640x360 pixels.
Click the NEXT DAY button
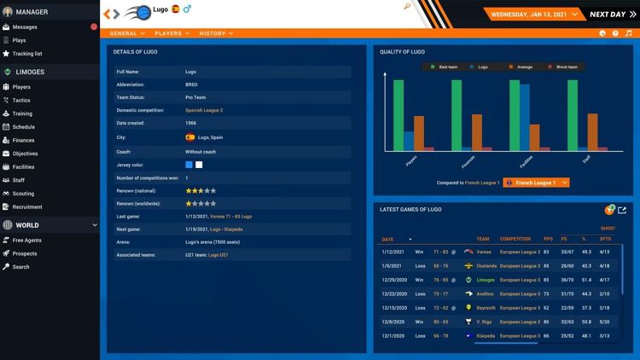(607, 14)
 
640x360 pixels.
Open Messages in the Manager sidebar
(25, 27)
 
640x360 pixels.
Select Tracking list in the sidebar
(27, 53)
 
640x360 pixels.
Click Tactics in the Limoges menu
(22, 100)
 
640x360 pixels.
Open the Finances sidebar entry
(24, 140)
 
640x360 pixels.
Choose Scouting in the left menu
(24, 194)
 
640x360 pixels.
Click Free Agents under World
(27, 241)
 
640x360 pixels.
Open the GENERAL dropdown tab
(126, 33)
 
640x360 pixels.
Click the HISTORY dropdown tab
(215, 33)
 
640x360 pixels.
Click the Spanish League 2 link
(204, 110)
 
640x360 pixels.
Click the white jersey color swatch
(199, 164)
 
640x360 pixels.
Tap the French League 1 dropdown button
(536, 183)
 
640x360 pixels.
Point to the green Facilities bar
(515, 115)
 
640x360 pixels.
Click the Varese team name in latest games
(484, 252)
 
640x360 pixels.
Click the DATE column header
(387, 239)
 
